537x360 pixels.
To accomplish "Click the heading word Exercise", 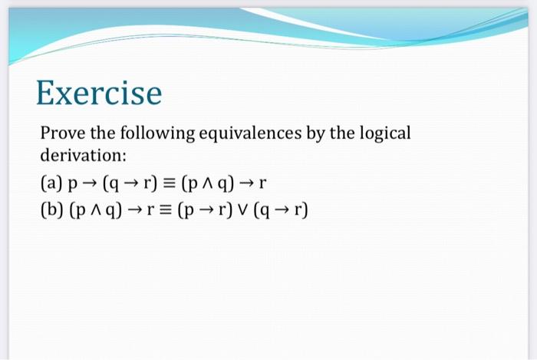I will coord(99,94).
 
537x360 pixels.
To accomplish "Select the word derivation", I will coord(82,155).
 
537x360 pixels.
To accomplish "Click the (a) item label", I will coord(51,183).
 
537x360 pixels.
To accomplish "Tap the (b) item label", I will coord(51,209).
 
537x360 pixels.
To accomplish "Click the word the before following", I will coord(110,133).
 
